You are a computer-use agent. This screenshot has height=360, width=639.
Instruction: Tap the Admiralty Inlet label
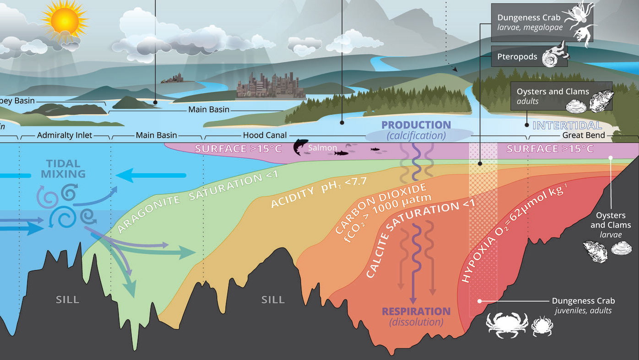click(65, 135)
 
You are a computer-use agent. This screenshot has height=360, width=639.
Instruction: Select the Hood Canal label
click(265, 135)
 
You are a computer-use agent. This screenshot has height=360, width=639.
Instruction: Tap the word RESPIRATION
click(416, 312)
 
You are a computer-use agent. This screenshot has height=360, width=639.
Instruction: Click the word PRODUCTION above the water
click(416, 125)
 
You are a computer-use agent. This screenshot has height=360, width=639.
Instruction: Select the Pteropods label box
click(529, 56)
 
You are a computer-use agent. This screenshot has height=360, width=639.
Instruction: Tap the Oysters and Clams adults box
click(561, 96)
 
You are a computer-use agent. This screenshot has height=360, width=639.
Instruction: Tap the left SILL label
click(68, 300)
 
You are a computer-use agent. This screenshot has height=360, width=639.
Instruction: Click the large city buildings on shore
click(270, 86)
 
